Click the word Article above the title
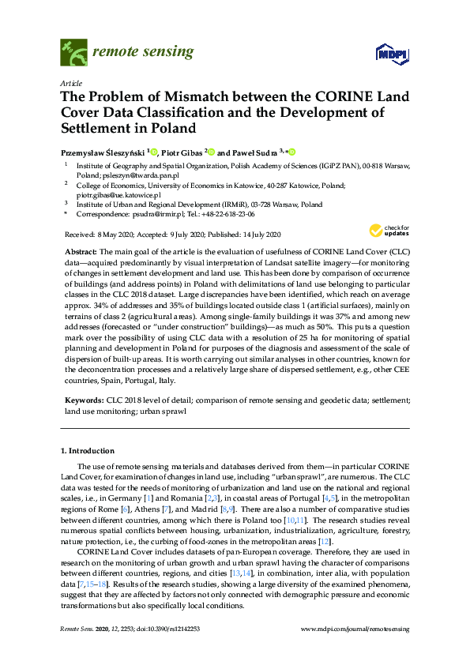[70, 82]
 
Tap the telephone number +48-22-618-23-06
[227, 213]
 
